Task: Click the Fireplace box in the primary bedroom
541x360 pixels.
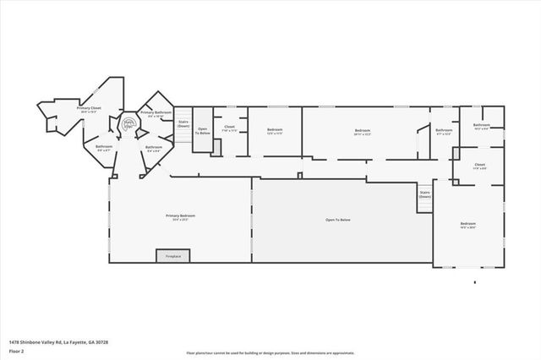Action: pos(173,255)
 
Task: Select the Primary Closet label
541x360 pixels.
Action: pos(90,109)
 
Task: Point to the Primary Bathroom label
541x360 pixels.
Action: pos(156,114)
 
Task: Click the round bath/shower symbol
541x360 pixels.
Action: pos(129,123)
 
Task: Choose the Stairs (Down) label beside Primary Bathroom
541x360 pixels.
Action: pos(183,123)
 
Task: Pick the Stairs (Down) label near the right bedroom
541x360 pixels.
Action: pos(425,194)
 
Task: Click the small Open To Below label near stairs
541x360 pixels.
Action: pos(203,131)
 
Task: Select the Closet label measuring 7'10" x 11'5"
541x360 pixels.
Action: pos(229,129)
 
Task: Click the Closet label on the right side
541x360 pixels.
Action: pos(479,166)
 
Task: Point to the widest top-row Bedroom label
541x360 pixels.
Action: pos(363,131)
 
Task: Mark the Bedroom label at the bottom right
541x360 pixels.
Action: pos(468,225)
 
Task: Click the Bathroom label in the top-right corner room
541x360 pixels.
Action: pos(482,127)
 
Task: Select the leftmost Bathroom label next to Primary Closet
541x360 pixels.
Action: pos(103,148)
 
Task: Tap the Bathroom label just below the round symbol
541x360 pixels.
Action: pos(153,148)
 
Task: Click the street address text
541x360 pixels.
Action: pos(58,342)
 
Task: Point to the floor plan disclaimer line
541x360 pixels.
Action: pos(270,352)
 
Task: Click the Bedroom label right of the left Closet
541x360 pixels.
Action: pos(275,131)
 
